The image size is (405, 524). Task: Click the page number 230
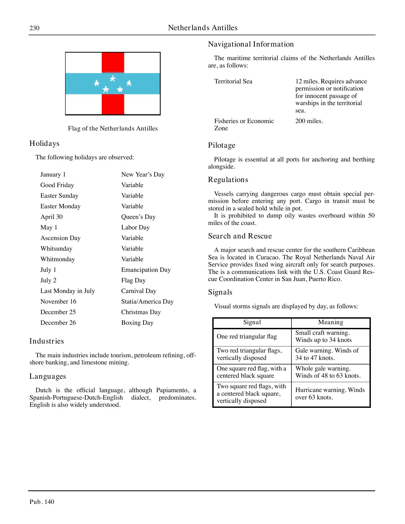coord(34,28)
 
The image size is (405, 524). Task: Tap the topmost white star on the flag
coord(113,78)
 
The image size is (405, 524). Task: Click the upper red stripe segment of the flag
coord(113,62)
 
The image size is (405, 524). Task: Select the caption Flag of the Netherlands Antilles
coord(113,129)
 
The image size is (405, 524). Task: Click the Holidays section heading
coord(44,143)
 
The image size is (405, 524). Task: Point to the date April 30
coord(52,217)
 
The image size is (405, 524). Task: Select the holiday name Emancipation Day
coord(146,270)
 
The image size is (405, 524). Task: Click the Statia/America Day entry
coord(147,302)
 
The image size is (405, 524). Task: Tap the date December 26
coord(58,323)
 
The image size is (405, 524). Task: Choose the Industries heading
coord(47,341)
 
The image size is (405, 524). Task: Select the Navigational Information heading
coord(251,44)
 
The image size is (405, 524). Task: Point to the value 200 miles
coord(309,121)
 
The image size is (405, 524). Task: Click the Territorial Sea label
coord(233,82)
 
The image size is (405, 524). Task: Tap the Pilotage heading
coord(222,146)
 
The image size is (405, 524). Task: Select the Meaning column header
coord(330,322)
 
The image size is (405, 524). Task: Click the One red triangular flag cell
coord(247,337)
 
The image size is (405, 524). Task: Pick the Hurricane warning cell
coord(330,394)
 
